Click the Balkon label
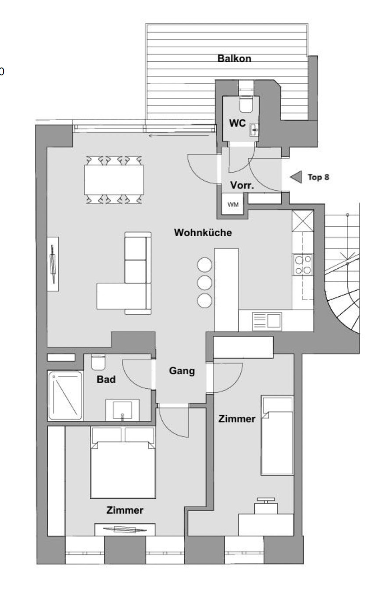[234, 58]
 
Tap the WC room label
[237, 123]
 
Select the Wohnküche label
[203, 232]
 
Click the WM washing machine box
[232, 204]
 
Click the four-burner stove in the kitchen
[303, 265]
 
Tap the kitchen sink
[267, 321]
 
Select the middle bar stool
[204, 283]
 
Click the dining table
[114, 179]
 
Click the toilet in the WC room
[246, 104]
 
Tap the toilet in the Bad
[98, 362]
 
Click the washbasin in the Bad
[122, 410]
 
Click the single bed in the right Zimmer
[277, 435]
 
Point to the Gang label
[182, 371]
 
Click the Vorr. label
[242, 185]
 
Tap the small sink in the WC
[254, 130]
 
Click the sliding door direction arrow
[179, 136]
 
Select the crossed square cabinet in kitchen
[303, 220]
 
